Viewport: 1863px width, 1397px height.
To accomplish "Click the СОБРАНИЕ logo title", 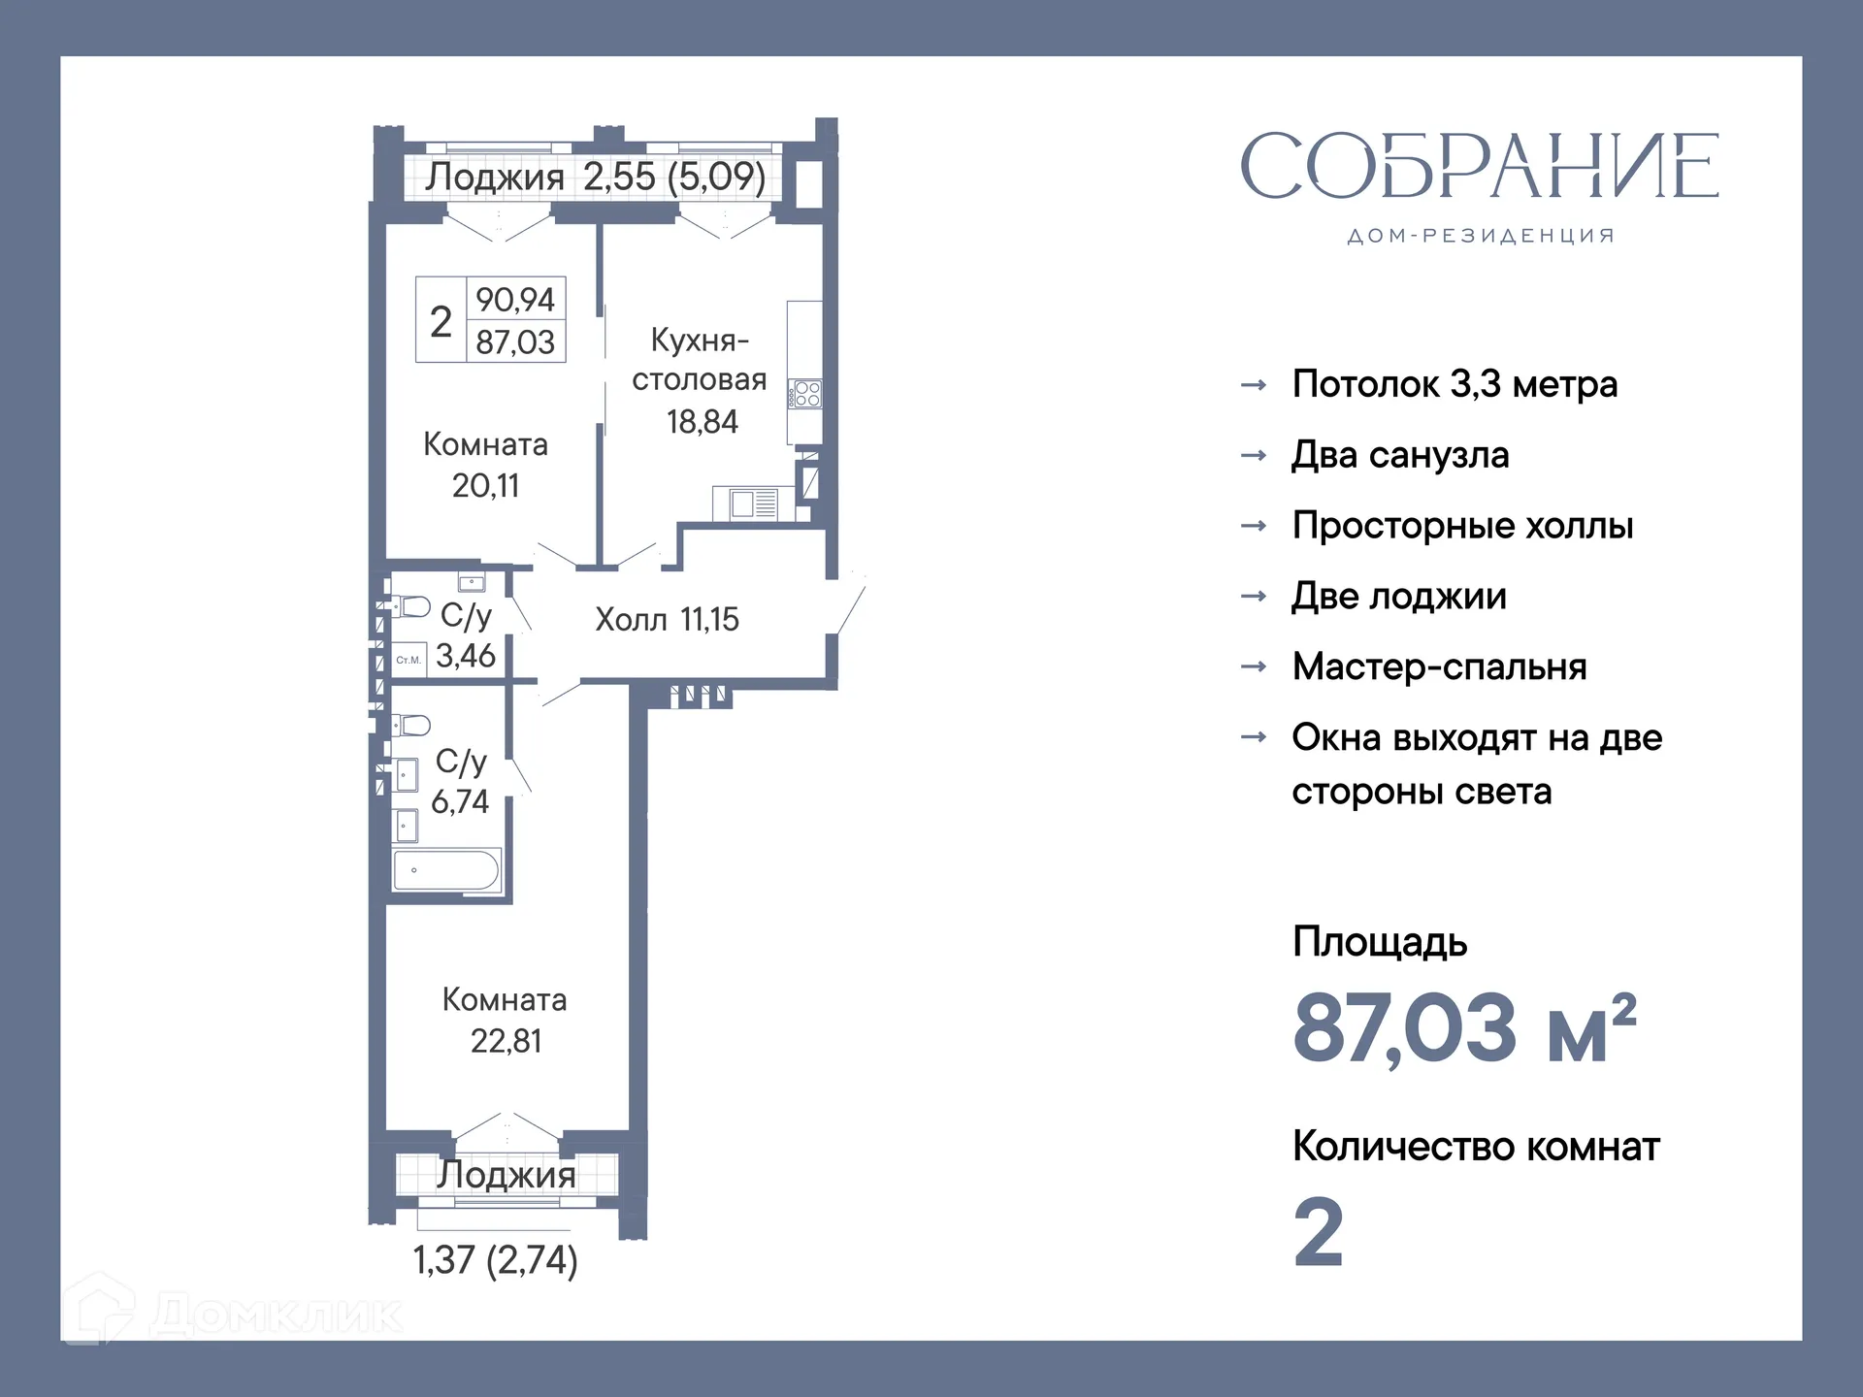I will coord(1479,166).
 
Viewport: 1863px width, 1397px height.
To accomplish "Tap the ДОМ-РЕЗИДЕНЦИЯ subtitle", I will coord(1481,236).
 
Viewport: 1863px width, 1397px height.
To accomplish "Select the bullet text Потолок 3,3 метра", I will coord(1454,384).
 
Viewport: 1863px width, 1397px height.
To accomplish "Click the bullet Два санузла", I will coord(1400,455).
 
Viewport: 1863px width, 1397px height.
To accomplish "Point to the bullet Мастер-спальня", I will coord(1439,666).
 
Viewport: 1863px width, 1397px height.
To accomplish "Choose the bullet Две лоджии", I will coord(1398,596).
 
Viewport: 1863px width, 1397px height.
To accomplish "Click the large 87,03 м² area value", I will coord(1464,1028).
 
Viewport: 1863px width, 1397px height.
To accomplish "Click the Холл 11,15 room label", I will coord(667,619).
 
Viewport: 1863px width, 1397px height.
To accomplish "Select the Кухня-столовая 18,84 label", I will coord(700,380).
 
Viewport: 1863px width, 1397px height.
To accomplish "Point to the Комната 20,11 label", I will coord(486,465).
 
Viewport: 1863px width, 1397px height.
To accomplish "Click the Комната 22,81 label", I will coord(505,1021).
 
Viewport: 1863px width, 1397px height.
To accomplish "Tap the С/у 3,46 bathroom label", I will coord(466,635).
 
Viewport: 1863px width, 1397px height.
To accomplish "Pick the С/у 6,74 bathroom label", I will coord(460,781).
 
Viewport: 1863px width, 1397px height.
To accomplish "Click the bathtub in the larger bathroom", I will coord(446,870).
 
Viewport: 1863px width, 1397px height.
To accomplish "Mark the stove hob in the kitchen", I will coord(806,394).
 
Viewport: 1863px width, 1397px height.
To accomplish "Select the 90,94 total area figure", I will coord(515,300).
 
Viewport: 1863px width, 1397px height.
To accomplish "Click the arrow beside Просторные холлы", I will coord(1254,526).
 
